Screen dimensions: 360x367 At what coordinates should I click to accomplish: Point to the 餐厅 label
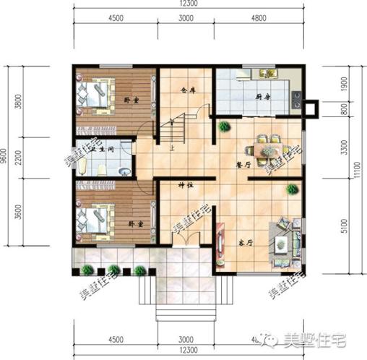click(243, 165)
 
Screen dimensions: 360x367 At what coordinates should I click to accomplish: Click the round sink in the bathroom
click(124, 171)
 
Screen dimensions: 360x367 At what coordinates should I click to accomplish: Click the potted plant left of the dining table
click(224, 127)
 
